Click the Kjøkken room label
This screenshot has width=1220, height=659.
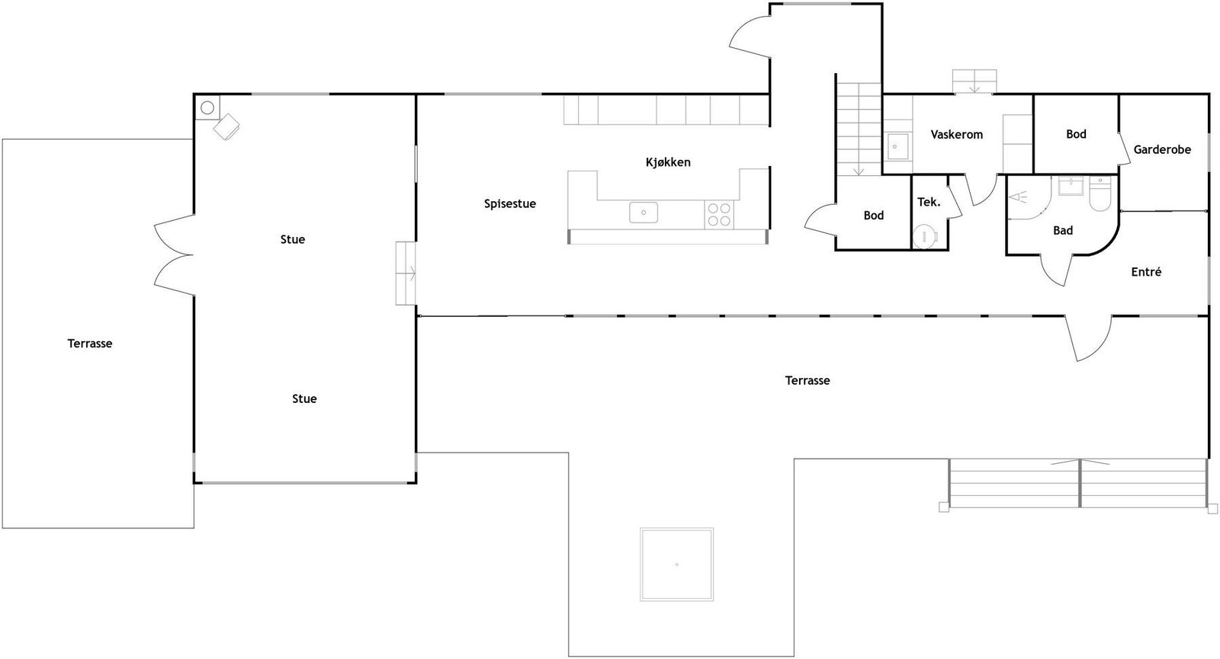(x=668, y=162)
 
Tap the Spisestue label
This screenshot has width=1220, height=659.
(x=510, y=203)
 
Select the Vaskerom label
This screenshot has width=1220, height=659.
(x=956, y=135)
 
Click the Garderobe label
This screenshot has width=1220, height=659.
(x=1161, y=150)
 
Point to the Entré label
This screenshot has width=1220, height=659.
(x=1146, y=272)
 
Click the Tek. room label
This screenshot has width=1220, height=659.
(x=928, y=202)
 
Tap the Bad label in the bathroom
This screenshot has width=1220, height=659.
(x=1062, y=231)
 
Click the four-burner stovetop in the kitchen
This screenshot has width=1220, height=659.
(x=718, y=214)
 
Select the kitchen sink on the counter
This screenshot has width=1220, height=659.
(x=644, y=213)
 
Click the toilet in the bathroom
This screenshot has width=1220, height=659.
(x=1100, y=195)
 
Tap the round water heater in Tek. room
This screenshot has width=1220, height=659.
(x=925, y=236)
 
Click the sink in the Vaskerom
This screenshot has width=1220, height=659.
(x=897, y=146)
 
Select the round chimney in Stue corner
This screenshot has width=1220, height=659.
(x=207, y=107)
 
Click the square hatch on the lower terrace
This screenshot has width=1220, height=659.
(x=676, y=565)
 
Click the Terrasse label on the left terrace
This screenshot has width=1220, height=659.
(x=90, y=344)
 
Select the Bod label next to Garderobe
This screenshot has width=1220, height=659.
(x=1076, y=134)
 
